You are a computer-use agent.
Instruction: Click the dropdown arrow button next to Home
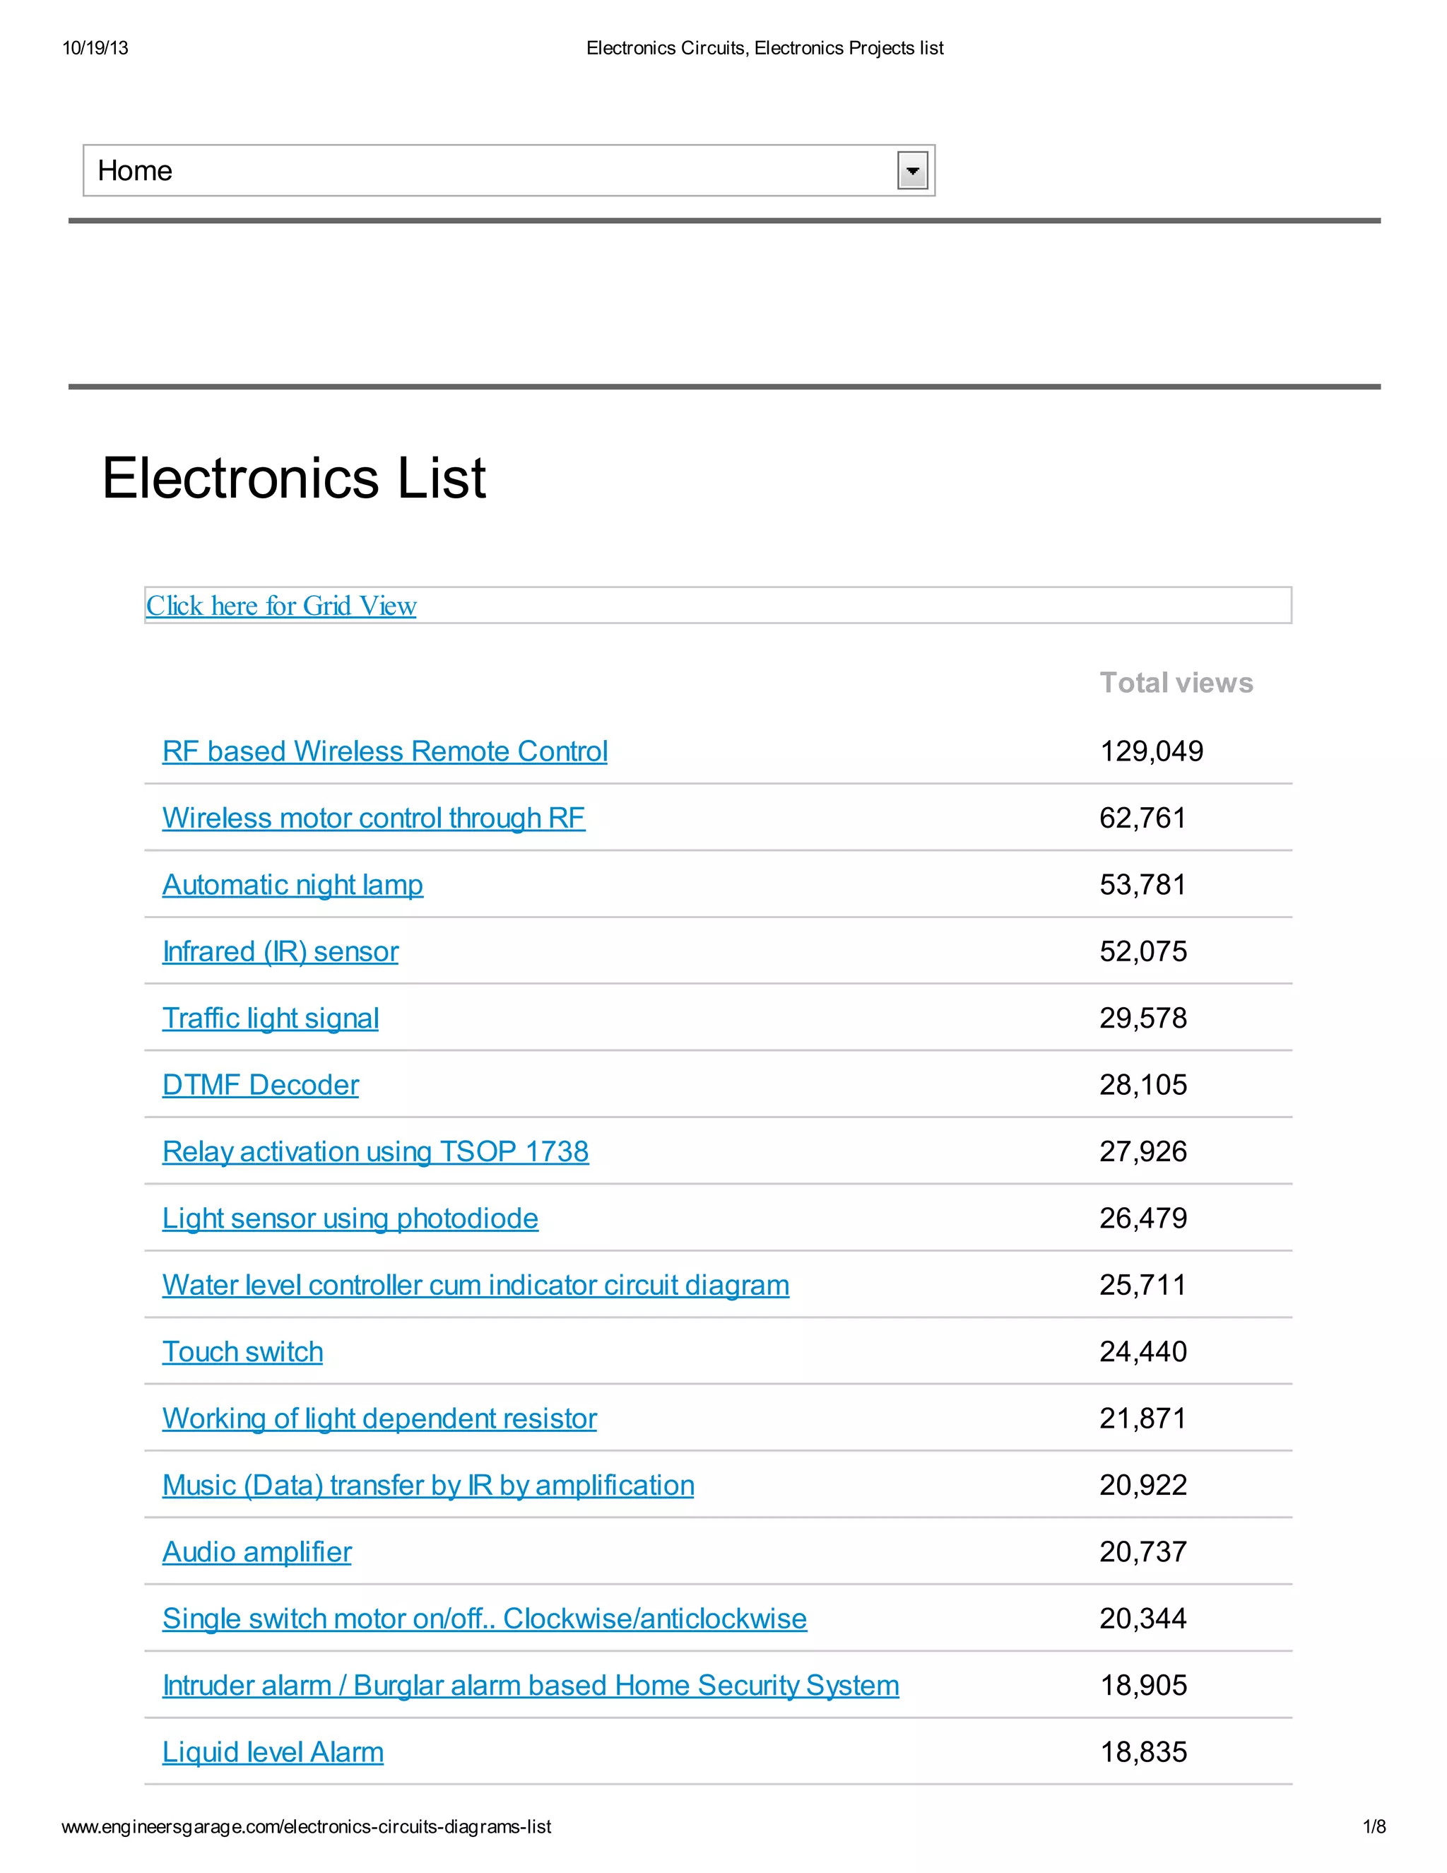point(912,170)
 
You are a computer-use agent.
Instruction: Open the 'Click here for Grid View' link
point(281,606)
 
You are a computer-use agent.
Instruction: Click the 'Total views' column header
point(1176,683)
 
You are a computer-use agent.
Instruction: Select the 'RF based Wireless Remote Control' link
point(385,751)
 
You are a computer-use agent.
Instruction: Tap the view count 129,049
point(1151,751)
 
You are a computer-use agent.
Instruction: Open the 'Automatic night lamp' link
point(293,885)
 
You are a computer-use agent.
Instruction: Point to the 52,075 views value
point(1142,951)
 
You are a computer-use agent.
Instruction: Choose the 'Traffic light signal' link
point(270,1018)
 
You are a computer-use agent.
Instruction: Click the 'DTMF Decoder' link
point(261,1085)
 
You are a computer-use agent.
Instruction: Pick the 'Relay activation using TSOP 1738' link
point(375,1152)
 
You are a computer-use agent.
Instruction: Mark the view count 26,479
point(1142,1218)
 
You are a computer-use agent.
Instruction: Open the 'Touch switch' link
point(242,1351)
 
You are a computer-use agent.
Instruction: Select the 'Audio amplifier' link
point(256,1551)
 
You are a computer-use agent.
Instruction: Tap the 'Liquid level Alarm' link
point(273,1752)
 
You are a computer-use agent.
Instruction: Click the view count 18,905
point(1144,1685)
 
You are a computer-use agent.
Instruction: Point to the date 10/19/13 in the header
point(95,48)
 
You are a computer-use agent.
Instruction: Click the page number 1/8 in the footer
point(1374,1826)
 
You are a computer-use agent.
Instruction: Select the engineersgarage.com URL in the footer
point(306,1826)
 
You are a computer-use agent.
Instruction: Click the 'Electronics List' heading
point(294,478)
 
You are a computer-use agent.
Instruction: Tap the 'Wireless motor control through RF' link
point(374,818)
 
